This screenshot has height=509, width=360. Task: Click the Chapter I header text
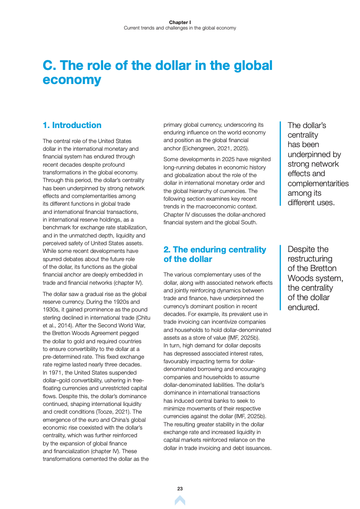180,22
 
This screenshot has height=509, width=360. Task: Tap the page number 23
180,489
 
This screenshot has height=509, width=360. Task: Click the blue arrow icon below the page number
180,500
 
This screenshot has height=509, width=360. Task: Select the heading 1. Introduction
72,125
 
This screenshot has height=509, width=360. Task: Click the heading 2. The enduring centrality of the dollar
214,254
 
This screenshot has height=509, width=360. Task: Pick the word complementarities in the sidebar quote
318,183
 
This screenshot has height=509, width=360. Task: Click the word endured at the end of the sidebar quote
303,307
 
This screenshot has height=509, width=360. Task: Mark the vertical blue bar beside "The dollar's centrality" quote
280,163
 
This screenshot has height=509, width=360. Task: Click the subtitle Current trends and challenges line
180,28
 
